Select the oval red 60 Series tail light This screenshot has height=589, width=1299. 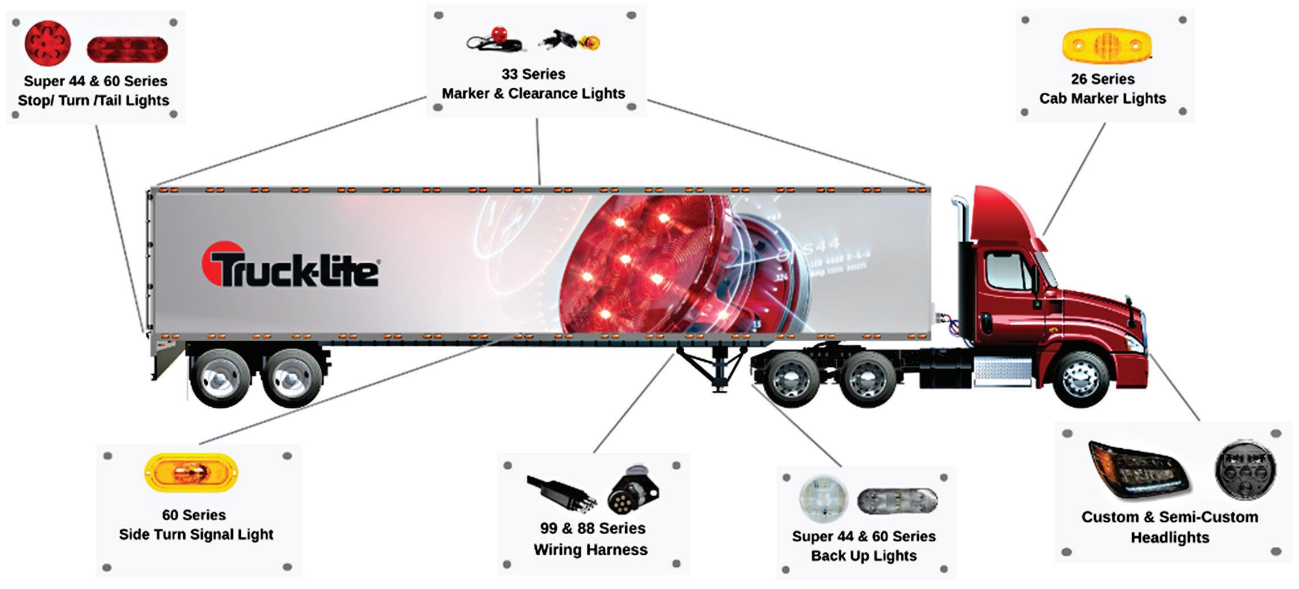tap(127, 49)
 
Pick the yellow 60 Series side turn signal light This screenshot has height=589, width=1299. tap(192, 472)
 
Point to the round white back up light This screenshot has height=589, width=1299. tap(823, 499)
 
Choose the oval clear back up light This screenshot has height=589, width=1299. tap(897, 501)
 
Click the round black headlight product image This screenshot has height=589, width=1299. tap(1245, 469)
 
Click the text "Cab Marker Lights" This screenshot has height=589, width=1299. tap(1102, 99)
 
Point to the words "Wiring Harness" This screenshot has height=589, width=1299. tap(590, 550)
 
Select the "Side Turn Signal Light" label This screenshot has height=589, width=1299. tap(196, 534)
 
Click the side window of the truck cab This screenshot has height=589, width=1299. tap(1009, 270)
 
